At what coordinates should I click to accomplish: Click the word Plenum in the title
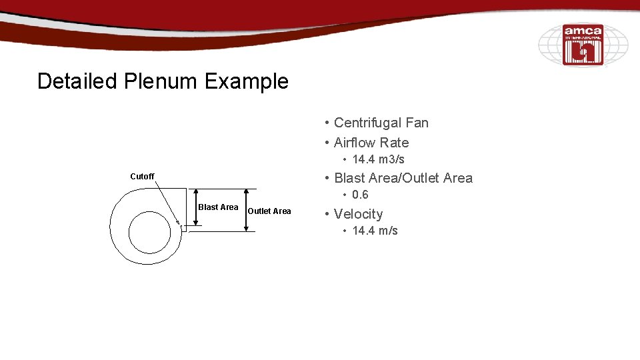[x=159, y=81]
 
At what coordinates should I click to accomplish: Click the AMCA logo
[x=583, y=45]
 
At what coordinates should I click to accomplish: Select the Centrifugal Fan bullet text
[x=381, y=123]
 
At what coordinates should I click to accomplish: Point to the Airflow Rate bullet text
[x=371, y=143]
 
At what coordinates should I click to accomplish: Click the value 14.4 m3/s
[x=378, y=159]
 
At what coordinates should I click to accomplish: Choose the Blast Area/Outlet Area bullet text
[x=403, y=178]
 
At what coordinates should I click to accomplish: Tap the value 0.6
[x=360, y=195]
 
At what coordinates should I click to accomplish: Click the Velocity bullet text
[x=358, y=214]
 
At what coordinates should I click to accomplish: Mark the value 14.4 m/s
[x=375, y=231]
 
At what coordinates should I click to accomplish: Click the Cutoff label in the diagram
[x=142, y=177]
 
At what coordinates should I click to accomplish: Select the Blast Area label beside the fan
[x=218, y=207]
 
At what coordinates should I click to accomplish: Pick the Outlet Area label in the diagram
[x=269, y=211]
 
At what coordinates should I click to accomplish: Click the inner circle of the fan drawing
[x=149, y=233]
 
